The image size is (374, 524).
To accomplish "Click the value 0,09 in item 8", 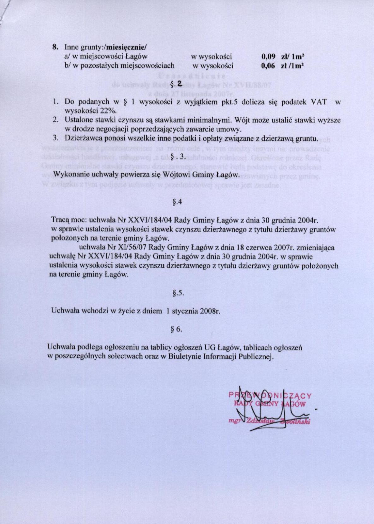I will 268,57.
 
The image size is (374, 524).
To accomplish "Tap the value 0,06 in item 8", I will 268,66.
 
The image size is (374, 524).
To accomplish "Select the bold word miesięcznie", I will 126,48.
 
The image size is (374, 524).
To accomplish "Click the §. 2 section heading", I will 176,84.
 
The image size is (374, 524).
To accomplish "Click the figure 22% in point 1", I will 108,111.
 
